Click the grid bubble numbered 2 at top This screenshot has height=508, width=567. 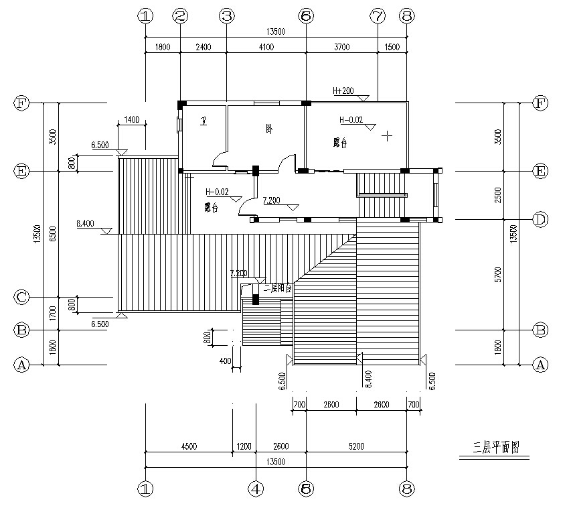[x=179, y=16]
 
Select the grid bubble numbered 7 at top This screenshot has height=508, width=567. [x=378, y=16]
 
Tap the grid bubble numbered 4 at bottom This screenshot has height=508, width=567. [x=255, y=489]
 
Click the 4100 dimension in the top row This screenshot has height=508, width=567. [x=266, y=47]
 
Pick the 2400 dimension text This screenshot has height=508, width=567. [x=203, y=47]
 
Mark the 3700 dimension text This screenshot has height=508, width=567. [x=341, y=47]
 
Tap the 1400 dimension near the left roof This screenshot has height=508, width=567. [x=131, y=121]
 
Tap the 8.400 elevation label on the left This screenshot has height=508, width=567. [x=86, y=223]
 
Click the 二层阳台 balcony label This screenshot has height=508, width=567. [x=277, y=289]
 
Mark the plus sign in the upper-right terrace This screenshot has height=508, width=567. [x=386, y=136]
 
